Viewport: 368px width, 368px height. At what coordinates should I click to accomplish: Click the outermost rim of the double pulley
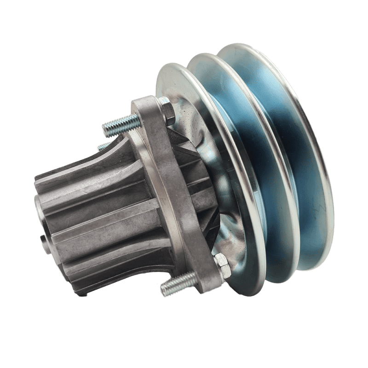coord(317,138)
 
